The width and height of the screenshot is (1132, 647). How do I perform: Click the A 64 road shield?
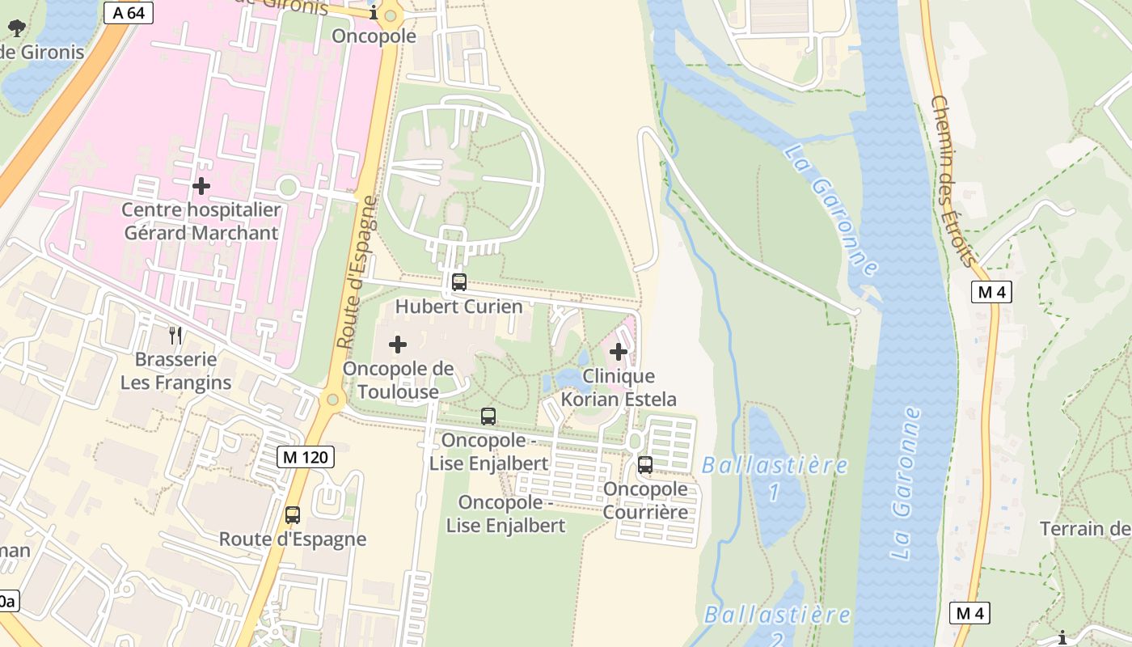[x=129, y=13]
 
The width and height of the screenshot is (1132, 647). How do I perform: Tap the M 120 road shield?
[x=306, y=457]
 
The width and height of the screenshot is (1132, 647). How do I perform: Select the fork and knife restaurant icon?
[x=175, y=335]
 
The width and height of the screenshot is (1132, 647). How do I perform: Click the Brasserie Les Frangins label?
[x=175, y=370]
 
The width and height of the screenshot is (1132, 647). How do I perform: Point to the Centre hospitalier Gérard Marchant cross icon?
[x=201, y=186]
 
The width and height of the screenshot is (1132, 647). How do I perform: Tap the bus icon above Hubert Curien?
[x=458, y=282]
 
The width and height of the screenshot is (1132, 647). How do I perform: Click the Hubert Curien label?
[x=458, y=307]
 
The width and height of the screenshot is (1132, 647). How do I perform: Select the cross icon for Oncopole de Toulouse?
[x=398, y=345]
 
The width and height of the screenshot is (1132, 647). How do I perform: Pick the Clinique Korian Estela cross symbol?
[x=619, y=352]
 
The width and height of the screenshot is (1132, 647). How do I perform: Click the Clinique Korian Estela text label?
[x=619, y=387]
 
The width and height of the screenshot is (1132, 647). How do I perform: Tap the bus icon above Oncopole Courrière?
[x=645, y=465]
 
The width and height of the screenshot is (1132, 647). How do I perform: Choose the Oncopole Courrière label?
[x=645, y=500]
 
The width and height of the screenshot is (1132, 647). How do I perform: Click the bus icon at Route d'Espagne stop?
[x=293, y=514]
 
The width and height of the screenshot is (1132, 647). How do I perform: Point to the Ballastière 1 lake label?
[x=775, y=477]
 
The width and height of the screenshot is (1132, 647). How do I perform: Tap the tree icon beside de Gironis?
[x=15, y=28]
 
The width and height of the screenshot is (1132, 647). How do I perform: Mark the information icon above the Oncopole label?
[x=374, y=13]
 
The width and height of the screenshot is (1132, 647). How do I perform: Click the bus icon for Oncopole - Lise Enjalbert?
[x=488, y=417]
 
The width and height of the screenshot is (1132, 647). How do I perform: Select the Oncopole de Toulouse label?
[x=398, y=380]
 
